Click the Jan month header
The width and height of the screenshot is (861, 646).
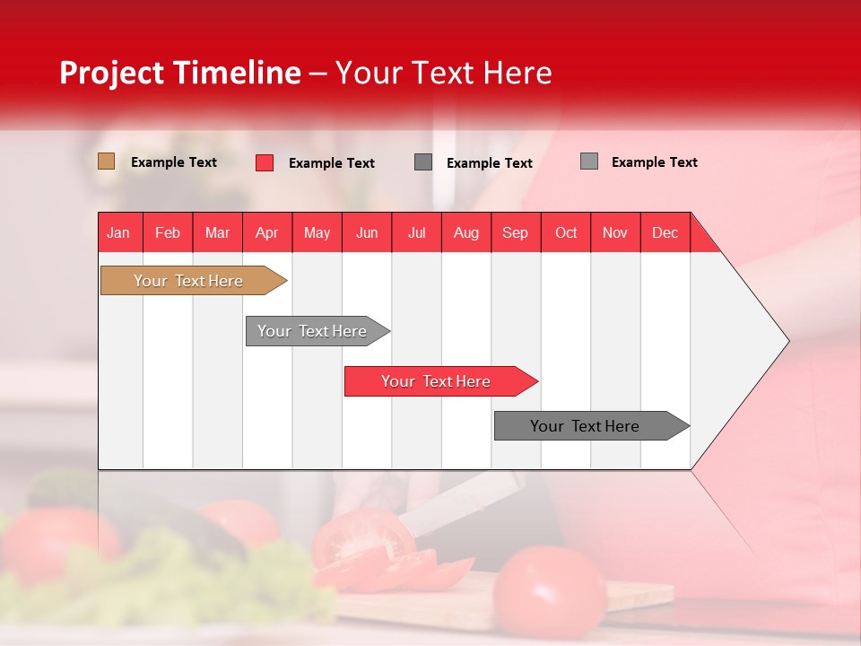(x=119, y=232)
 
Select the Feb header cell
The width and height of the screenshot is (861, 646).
(x=168, y=232)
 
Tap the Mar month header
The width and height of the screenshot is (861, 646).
(x=217, y=232)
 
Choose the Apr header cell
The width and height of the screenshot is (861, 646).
(x=267, y=232)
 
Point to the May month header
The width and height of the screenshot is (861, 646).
(x=317, y=232)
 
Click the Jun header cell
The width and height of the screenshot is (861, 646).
(x=367, y=232)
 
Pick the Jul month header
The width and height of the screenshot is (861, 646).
(x=416, y=232)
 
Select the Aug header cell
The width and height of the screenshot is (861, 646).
(x=466, y=232)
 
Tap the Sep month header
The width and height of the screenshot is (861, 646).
(x=516, y=232)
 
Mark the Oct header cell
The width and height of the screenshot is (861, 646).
(x=566, y=232)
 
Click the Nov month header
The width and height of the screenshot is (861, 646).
(x=615, y=232)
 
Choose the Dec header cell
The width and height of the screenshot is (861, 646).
(x=665, y=232)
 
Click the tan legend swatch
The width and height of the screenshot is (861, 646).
(x=107, y=161)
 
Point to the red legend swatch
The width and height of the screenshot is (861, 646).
(x=265, y=162)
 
